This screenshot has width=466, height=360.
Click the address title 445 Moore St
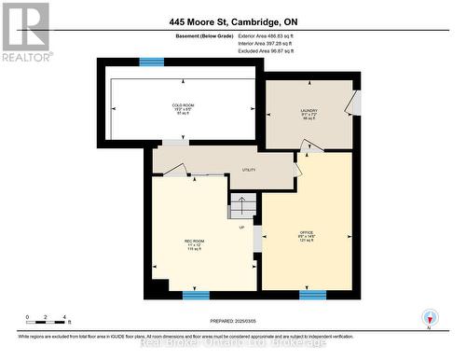pos(233,21)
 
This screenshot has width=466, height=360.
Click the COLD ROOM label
pos(183,106)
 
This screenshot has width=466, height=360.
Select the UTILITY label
pos(249,170)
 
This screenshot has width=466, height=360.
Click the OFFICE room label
pos(306,233)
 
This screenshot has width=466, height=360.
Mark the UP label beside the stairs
pos(242,227)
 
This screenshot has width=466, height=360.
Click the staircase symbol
pos(241,207)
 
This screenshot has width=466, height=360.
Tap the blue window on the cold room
pos(151,62)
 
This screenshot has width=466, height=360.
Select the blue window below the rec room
pos(196,296)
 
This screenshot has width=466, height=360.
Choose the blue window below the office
pos(312,296)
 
